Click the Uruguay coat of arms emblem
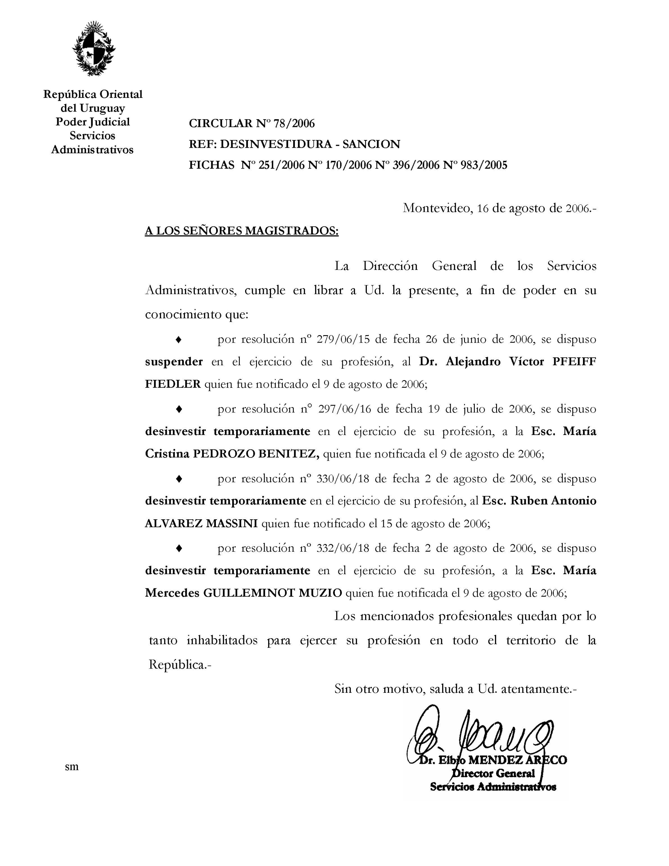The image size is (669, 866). [x=94, y=48]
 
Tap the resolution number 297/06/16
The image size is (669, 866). [x=344, y=409]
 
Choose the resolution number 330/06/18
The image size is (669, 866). [x=343, y=479]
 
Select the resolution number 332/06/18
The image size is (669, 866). [x=343, y=548]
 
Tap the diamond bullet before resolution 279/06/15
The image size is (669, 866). [x=179, y=340]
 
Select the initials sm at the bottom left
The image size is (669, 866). [x=72, y=766]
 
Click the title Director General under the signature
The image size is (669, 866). [x=494, y=774]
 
